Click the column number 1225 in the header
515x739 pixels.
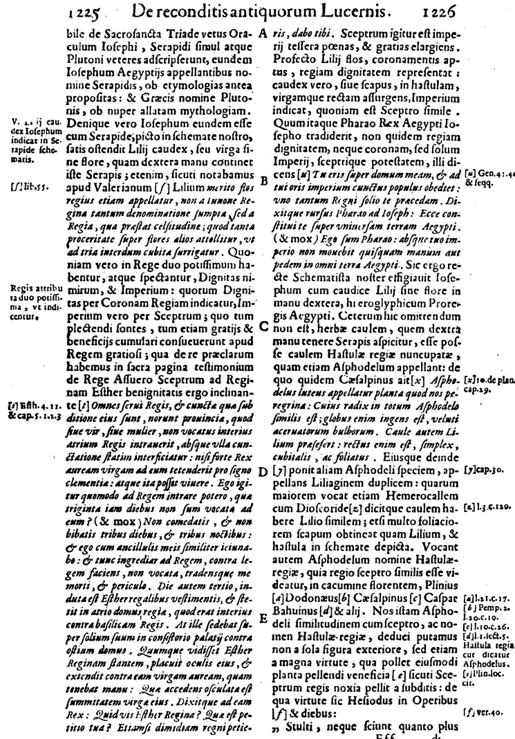click(85, 10)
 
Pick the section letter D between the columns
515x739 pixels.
click(263, 473)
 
